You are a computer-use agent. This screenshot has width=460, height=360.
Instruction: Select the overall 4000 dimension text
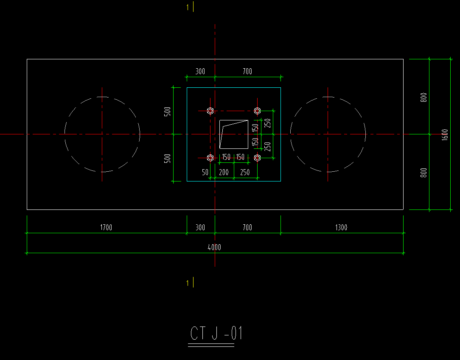tap(214, 247)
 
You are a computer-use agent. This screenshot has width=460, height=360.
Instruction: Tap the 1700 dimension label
tap(106, 227)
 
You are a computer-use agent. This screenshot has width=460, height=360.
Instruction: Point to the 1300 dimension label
tap(341, 227)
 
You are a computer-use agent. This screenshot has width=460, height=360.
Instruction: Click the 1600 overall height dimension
tap(445, 134)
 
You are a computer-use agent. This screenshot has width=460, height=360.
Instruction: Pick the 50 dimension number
tap(205, 172)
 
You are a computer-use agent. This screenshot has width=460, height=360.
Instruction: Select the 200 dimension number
tap(224, 172)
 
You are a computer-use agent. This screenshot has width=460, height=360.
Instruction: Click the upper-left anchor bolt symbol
tap(210, 111)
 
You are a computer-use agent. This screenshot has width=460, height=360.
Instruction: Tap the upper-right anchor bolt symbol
tap(257, 111)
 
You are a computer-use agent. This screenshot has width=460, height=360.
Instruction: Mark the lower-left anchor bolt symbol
tap(210, 158)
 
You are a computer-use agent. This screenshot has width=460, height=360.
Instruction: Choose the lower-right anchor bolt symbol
tap(257, 158)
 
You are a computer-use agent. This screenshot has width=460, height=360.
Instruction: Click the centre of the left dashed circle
tap(102, 134)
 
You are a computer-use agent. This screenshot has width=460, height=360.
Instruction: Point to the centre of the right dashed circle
tap(328, 134)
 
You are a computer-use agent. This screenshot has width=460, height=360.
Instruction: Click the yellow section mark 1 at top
tap(188, 7)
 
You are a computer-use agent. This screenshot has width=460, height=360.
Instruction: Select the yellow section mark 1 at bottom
tap(188, 283)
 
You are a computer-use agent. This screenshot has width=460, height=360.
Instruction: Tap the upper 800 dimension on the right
tap(424, 98)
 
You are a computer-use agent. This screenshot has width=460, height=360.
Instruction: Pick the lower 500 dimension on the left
tap(167, 159)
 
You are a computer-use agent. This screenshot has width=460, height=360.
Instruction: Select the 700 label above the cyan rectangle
tap(247, 71)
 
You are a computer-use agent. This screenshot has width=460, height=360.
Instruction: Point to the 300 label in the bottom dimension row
tap(200, 227)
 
